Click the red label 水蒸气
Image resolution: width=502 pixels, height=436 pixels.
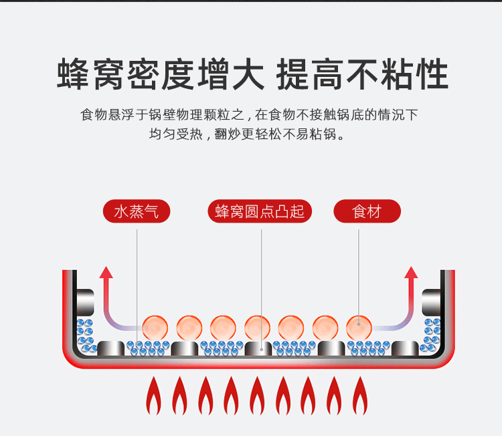137,212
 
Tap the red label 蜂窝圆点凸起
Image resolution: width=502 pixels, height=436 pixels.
260,212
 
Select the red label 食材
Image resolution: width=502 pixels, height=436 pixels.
367,212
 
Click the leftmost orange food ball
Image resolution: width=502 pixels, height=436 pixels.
155,327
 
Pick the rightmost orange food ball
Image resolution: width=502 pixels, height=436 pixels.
359,327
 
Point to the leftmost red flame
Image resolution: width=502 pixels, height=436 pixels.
153,396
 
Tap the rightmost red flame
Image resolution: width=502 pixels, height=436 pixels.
359,396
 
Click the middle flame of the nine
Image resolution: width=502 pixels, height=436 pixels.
256,396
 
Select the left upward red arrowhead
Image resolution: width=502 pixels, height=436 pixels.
106,272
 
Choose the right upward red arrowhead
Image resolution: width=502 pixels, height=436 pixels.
411,272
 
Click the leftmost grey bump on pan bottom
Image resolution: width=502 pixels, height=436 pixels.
111,348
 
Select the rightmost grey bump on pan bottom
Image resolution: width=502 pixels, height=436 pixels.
404,348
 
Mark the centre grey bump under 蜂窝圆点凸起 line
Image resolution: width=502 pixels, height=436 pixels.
258,348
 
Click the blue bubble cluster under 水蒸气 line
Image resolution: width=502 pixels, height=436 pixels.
148,348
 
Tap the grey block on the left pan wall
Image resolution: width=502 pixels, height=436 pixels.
85,302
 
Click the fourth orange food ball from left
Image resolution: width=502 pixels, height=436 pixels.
257,327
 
